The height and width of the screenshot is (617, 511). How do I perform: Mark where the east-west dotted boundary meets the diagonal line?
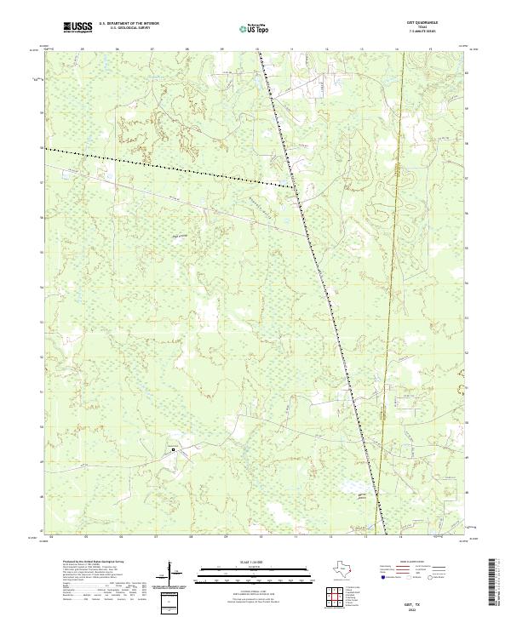click(x=295, y=187)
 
